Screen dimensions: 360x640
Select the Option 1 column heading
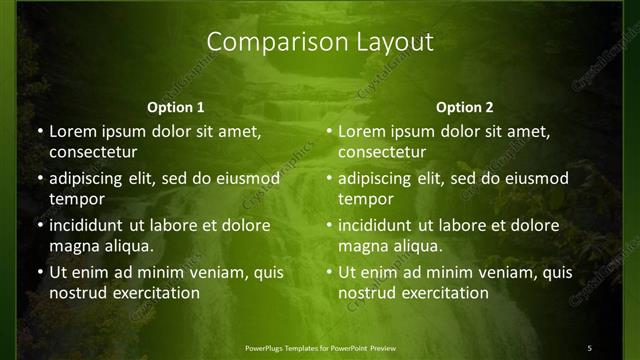[175, 107]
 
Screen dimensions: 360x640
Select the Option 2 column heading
[465, 107]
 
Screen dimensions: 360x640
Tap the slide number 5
[590, 347]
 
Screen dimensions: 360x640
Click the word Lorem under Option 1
[72, 131]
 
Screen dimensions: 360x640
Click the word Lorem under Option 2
[361, 131]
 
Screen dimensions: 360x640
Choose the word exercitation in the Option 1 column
[154, 293]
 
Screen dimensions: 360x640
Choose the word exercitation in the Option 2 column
[443, 293]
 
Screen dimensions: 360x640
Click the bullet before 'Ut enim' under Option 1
[39, 272]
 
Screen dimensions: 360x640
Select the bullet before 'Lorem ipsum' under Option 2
[328, 131]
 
